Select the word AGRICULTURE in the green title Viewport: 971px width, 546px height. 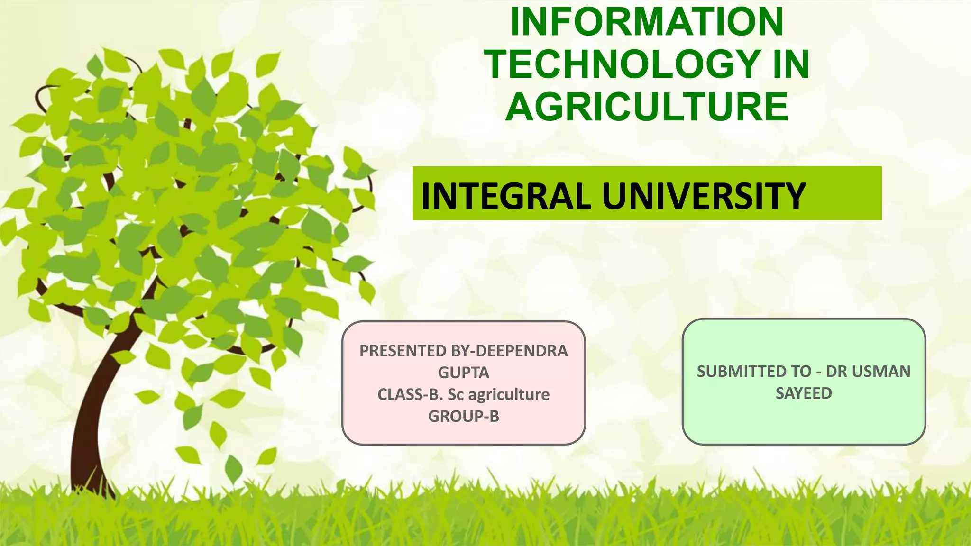coord(647,107)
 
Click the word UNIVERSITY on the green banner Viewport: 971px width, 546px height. coord(704,196)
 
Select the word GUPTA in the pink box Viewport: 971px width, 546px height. coord(463,373)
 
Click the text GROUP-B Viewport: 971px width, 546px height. coord(463,416)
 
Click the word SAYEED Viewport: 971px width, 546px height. coord(804,393)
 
